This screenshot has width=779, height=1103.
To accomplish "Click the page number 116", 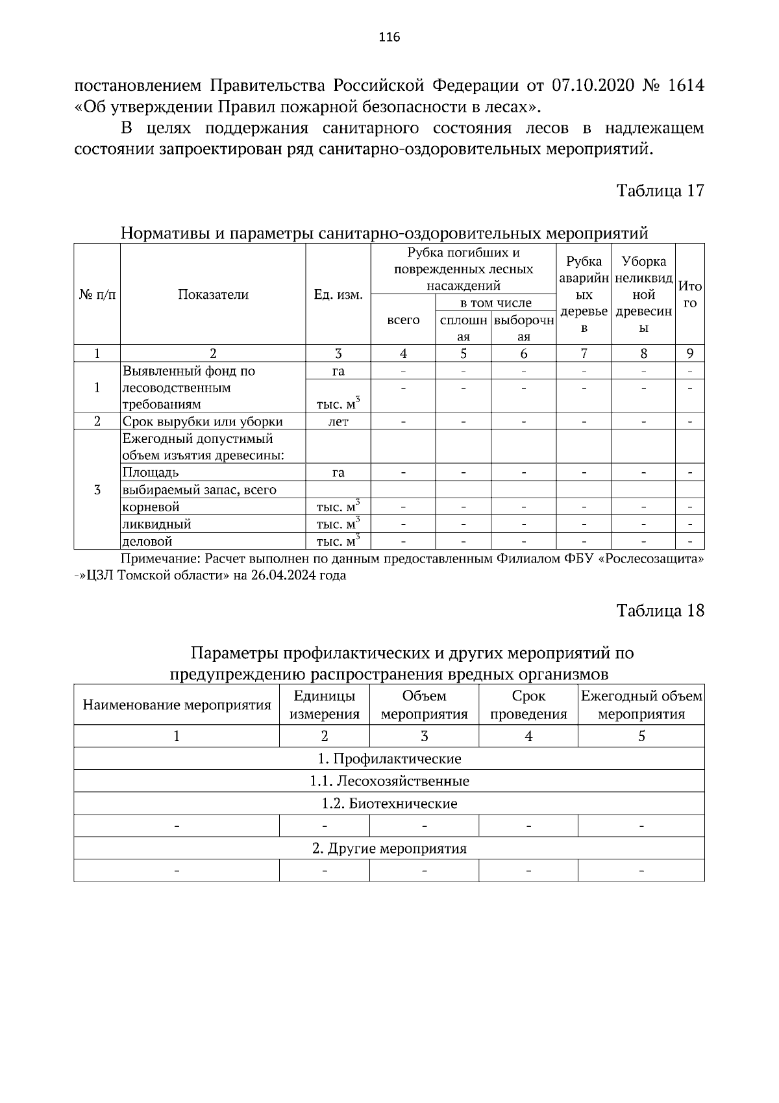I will click(389, 37).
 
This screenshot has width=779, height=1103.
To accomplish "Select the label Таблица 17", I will click(660, 191).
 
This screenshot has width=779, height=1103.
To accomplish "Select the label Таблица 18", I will click(660, 611).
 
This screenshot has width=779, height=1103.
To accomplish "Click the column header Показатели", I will click(213, 295).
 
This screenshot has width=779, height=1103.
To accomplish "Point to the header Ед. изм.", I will click(338, 295).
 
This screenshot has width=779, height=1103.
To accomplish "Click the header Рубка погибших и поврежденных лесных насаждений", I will click(464, 269).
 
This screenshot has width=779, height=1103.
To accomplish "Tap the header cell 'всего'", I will click(403, 320).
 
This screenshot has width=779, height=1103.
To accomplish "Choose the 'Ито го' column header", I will click(690, 294).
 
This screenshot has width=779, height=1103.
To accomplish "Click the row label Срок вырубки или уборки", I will click(203, 422).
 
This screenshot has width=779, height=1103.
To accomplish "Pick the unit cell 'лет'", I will click(338, 422).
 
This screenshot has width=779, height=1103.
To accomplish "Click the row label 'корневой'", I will click(151, 507).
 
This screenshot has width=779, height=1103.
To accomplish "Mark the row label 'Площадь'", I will click(151, 472).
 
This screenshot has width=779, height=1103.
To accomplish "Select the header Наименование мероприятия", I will click(177, 705).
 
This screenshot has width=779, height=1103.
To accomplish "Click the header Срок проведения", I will click(528, 705).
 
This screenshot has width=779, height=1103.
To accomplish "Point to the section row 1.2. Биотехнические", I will click(389, 804).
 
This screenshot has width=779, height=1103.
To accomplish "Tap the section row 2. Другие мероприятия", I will click(389, 848).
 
